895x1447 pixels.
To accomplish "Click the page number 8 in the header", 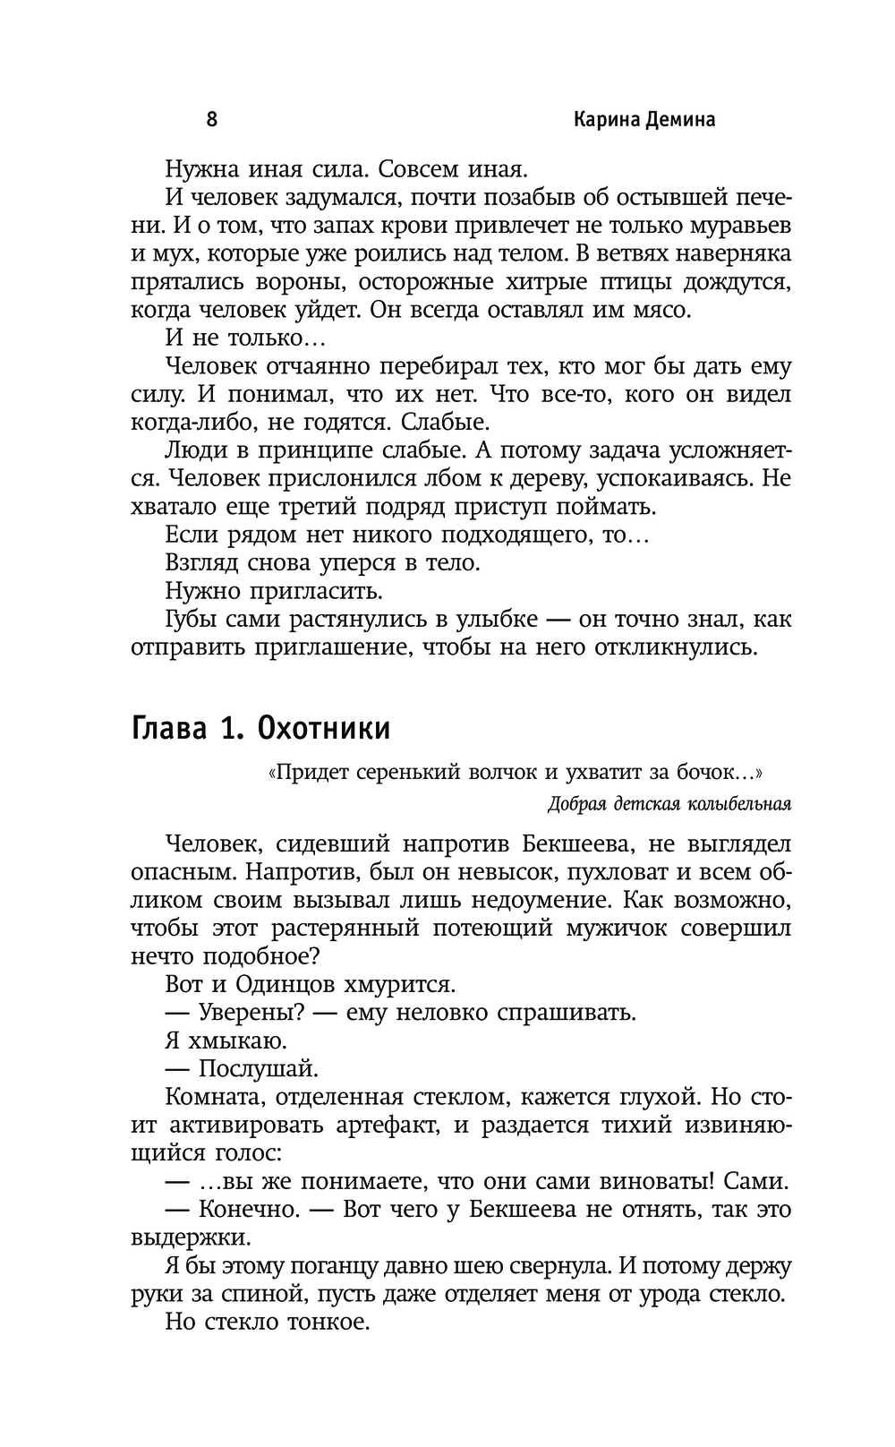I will point(212,120).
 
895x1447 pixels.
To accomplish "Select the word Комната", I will point(211,1097).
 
